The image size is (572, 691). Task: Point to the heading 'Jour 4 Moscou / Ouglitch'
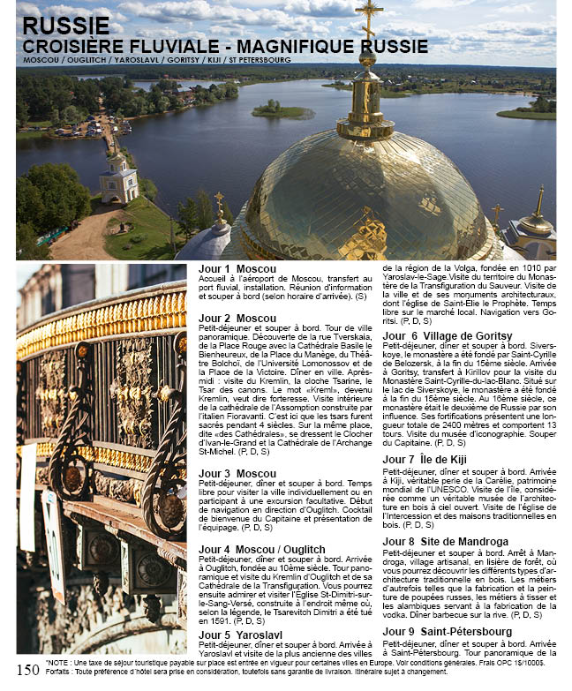tap(262, 549)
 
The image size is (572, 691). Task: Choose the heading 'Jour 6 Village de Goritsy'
tap(447, 335)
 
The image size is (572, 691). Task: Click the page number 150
tap(27, 670)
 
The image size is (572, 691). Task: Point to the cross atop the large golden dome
tap(368, 12)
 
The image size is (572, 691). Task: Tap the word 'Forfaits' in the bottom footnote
tap(60, 671)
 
